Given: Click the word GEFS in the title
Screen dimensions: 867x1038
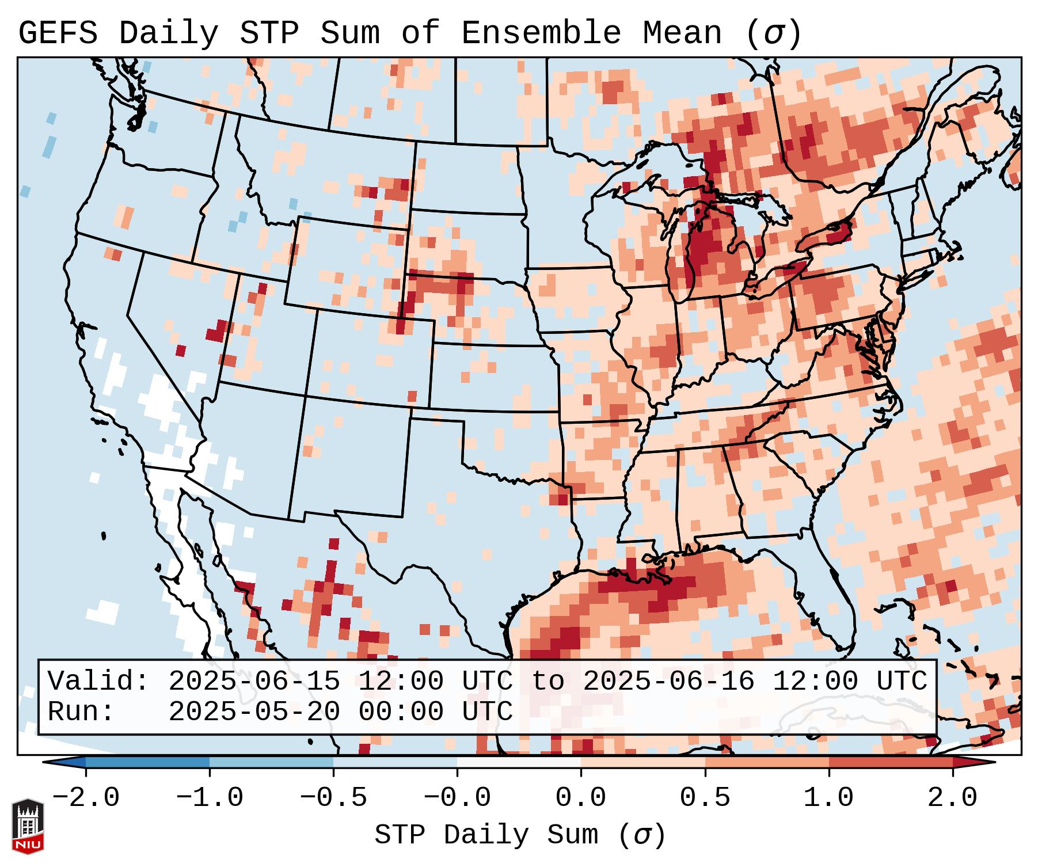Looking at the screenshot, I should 58,33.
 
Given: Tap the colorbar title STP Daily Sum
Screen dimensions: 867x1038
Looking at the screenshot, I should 486,835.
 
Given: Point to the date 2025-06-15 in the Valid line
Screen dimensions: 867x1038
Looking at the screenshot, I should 254,682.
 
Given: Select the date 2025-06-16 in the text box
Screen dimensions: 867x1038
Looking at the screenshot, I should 668,682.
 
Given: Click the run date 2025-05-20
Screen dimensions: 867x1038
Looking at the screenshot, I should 254,712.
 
